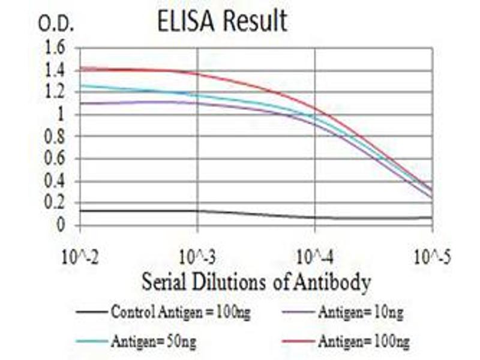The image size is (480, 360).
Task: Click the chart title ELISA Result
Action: pyautogui.click(x=222, y=22)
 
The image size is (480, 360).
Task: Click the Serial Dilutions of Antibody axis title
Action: pyautogui.click(x=256, y=281)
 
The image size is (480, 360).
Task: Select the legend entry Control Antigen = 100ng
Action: pyautogui.click(x=165, y=312)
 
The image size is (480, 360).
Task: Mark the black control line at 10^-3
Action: pyautogui.click(x=197, y=211)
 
